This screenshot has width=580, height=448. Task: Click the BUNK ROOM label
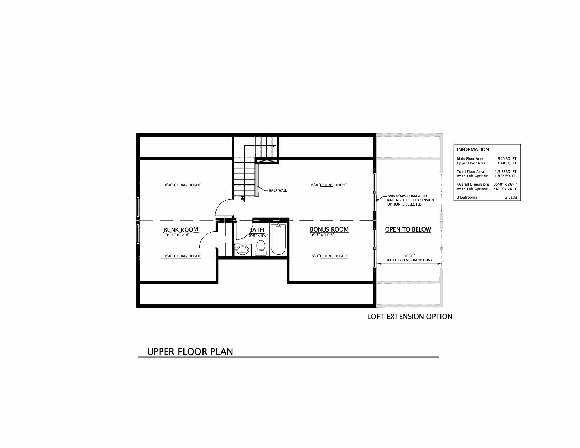[181, 229]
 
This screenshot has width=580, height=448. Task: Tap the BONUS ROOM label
[329, 229]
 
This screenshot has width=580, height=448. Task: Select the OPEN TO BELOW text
[408, 229]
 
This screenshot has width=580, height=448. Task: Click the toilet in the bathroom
[260, 248]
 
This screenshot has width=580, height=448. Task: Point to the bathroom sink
[242, 250]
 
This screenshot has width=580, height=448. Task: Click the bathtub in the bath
[278, 239]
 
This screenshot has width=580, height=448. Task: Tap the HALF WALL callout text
[278, 190]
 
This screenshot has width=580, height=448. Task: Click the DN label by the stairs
[242, 199]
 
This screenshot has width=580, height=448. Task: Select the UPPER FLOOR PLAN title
[190, 351]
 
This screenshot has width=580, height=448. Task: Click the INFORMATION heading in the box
[472, 149]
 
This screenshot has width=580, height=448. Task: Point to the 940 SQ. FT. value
[507, 158]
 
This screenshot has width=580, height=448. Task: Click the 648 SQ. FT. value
[507, 163]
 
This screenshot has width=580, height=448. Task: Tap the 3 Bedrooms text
[467, 197]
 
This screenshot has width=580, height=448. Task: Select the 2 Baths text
[511, 197]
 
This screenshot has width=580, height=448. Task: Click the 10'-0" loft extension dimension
[410, 256]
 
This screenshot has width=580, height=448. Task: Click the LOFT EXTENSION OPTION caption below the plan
[410, 317]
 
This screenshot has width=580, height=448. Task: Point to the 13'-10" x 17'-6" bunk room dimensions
[176, 235]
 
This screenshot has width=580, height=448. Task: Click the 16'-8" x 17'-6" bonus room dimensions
[322, 235]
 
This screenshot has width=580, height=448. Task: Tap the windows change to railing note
[410, 200]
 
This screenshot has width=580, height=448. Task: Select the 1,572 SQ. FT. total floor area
[506, 171]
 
